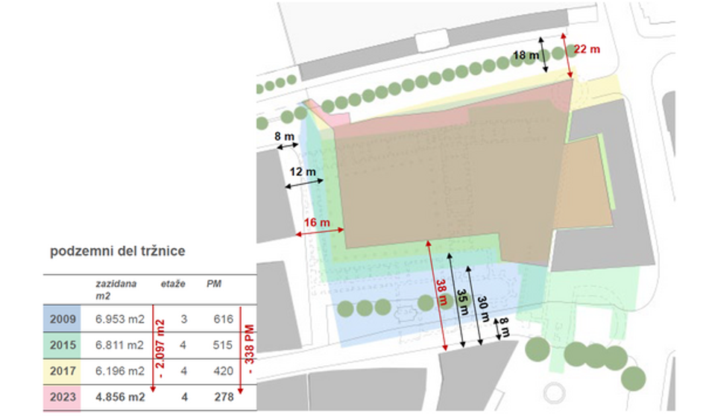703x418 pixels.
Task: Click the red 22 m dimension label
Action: (587, 49)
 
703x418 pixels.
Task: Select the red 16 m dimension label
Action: (318, 222)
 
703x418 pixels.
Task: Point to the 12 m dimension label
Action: (303, 172)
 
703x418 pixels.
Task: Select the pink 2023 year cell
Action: (62, 396)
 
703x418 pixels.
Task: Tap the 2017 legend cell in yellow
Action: (62, 370)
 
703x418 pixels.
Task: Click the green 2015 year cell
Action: (62, 345)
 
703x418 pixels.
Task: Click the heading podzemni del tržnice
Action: (118, 251)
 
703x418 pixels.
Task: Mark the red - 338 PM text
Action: (250, 347)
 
